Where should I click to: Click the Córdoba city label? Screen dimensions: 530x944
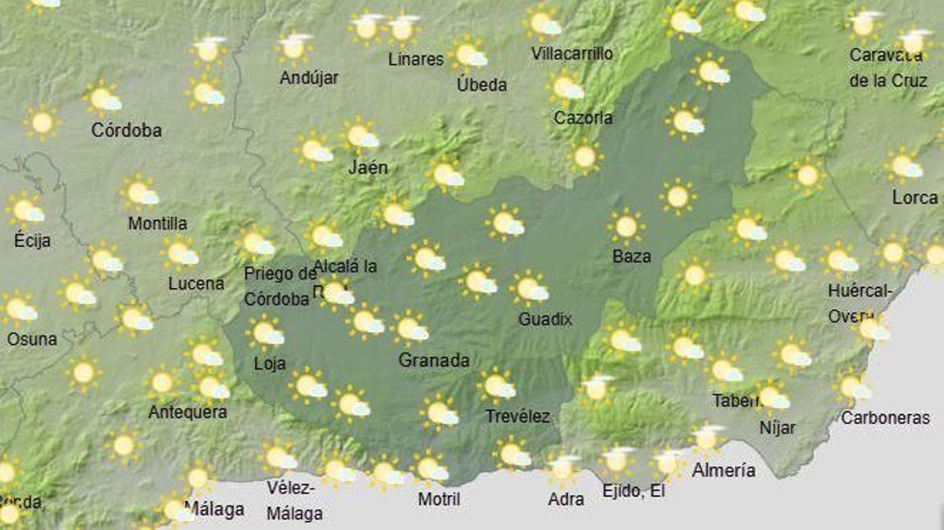(x=126, y=130)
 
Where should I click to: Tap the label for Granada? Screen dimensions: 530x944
(x=434, y=360)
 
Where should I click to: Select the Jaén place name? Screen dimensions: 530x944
(x=368, y=168)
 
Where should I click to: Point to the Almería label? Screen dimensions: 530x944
(x=723, y=470)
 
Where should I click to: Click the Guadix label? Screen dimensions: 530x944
(x=545, y=319)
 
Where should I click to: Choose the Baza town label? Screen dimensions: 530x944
(x=631, y=256)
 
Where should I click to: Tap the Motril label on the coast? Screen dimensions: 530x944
(x=439, y=499)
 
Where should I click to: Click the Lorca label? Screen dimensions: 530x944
(x=914, y=198)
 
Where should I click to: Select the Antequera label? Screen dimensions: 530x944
(x=188, y=412)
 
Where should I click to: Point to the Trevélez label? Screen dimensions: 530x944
(x=517, y=417)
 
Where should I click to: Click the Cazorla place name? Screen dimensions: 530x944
(x=583, y=118)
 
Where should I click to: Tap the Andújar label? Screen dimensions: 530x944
(x=309, y=77)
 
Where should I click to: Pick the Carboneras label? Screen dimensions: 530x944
(x=885, y=418)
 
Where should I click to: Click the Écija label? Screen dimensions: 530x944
(x=32, y=240)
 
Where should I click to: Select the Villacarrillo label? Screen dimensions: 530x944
(x=572, y=54)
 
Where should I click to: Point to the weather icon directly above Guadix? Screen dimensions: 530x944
(x=530, y=288)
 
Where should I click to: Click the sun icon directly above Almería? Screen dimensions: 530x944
(x=707, y=439)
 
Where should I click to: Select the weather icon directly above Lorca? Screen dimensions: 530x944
(x=904, y=166)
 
